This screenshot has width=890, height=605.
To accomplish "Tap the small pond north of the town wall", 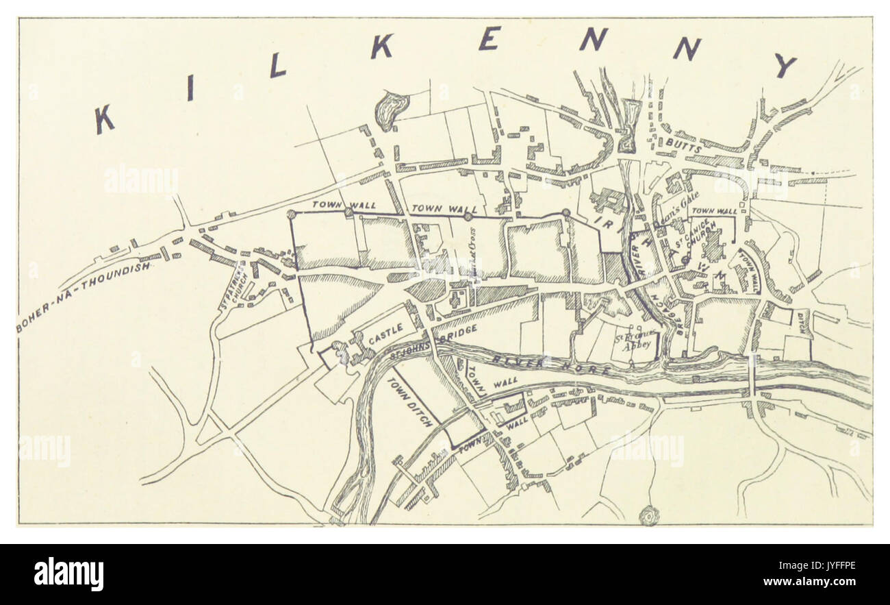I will pos(392,108).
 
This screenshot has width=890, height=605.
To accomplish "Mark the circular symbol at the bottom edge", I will pos(646,515).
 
